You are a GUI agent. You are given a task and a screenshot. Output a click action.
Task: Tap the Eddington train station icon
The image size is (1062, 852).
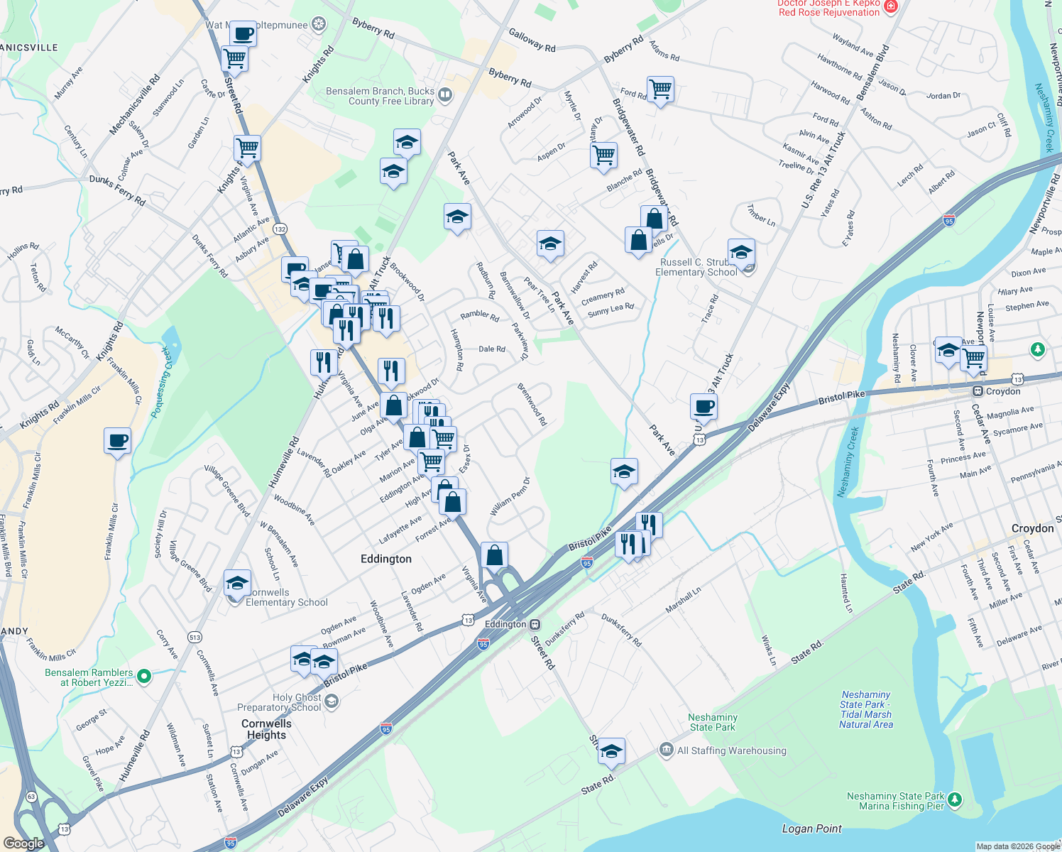coord(535,625)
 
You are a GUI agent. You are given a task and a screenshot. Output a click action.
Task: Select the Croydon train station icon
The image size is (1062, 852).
coord(978,392)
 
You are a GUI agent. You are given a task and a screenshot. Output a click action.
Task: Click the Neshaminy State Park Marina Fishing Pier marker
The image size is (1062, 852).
coord(956,800)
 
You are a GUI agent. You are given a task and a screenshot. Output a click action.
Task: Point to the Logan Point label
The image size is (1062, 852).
coord(811,829)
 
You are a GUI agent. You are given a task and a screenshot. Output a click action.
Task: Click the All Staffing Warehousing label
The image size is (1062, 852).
coord(731,750)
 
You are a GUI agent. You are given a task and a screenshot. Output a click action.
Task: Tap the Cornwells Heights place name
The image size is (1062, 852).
coord(266,729)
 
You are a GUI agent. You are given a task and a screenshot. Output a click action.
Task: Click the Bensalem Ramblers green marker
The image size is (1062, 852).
coord(144,677)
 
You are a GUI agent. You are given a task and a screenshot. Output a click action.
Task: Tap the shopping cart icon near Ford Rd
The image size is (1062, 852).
coord(660,89)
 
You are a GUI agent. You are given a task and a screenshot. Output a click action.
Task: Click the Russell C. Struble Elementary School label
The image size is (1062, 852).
coord(696,267)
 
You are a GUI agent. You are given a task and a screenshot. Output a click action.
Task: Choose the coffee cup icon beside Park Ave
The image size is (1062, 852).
coord(704,406)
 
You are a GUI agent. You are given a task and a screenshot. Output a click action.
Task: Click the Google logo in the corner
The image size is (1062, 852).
coord(23,843)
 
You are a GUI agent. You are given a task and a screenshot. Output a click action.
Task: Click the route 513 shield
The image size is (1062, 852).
coord(195,638)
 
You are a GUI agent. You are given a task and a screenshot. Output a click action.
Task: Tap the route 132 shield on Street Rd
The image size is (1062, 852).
coord(280,229)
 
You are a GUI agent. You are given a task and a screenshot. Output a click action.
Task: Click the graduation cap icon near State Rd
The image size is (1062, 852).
coord(611,751)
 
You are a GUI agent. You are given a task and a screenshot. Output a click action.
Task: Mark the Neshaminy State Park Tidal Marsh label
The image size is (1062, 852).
coord(866,709)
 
